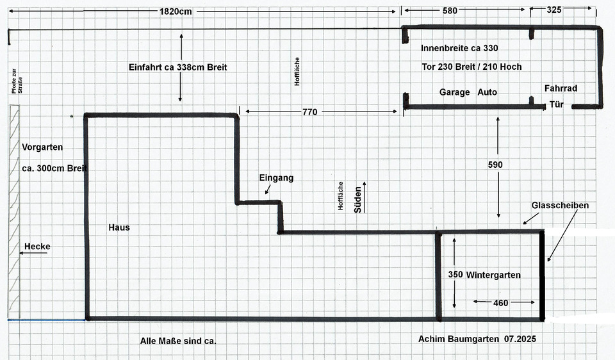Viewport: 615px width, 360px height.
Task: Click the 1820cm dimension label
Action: [x=175, y=12]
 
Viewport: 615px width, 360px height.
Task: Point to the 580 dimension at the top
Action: [x=450, y=10]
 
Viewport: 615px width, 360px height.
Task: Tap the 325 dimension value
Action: [x=555, y=10]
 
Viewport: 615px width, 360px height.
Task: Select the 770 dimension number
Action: [x=309, y=112]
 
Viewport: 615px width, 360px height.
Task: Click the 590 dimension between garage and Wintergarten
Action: [x=495, y=165]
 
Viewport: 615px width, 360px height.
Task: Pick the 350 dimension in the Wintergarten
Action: [x=455, y=274]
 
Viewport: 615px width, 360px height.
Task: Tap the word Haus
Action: [x=119, y=227]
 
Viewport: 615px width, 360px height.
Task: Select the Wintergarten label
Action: [x=493, y=275]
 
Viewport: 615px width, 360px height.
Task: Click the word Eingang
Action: [x=276, y=178]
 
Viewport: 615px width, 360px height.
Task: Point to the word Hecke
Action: [x=37, y=247]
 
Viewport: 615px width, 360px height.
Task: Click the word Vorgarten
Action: [x=42, y=147]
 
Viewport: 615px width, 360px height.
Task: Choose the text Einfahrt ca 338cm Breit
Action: [x=177, y=67]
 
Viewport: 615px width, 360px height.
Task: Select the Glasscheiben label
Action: [x=560, y=205]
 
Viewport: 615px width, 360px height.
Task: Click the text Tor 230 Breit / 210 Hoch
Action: [x=471, y=67]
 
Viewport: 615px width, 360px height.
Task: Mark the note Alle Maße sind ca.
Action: [x=178, y=341]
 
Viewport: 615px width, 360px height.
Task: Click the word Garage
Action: [x=454, y=92]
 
